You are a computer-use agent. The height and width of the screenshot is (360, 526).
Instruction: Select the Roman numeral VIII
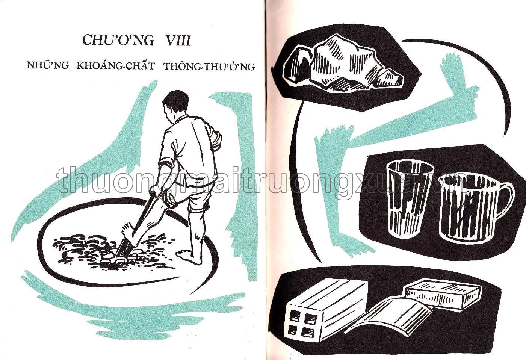click(x=178, y=40)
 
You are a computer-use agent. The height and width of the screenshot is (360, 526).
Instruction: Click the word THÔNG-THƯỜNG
click(x=209, y=67)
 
